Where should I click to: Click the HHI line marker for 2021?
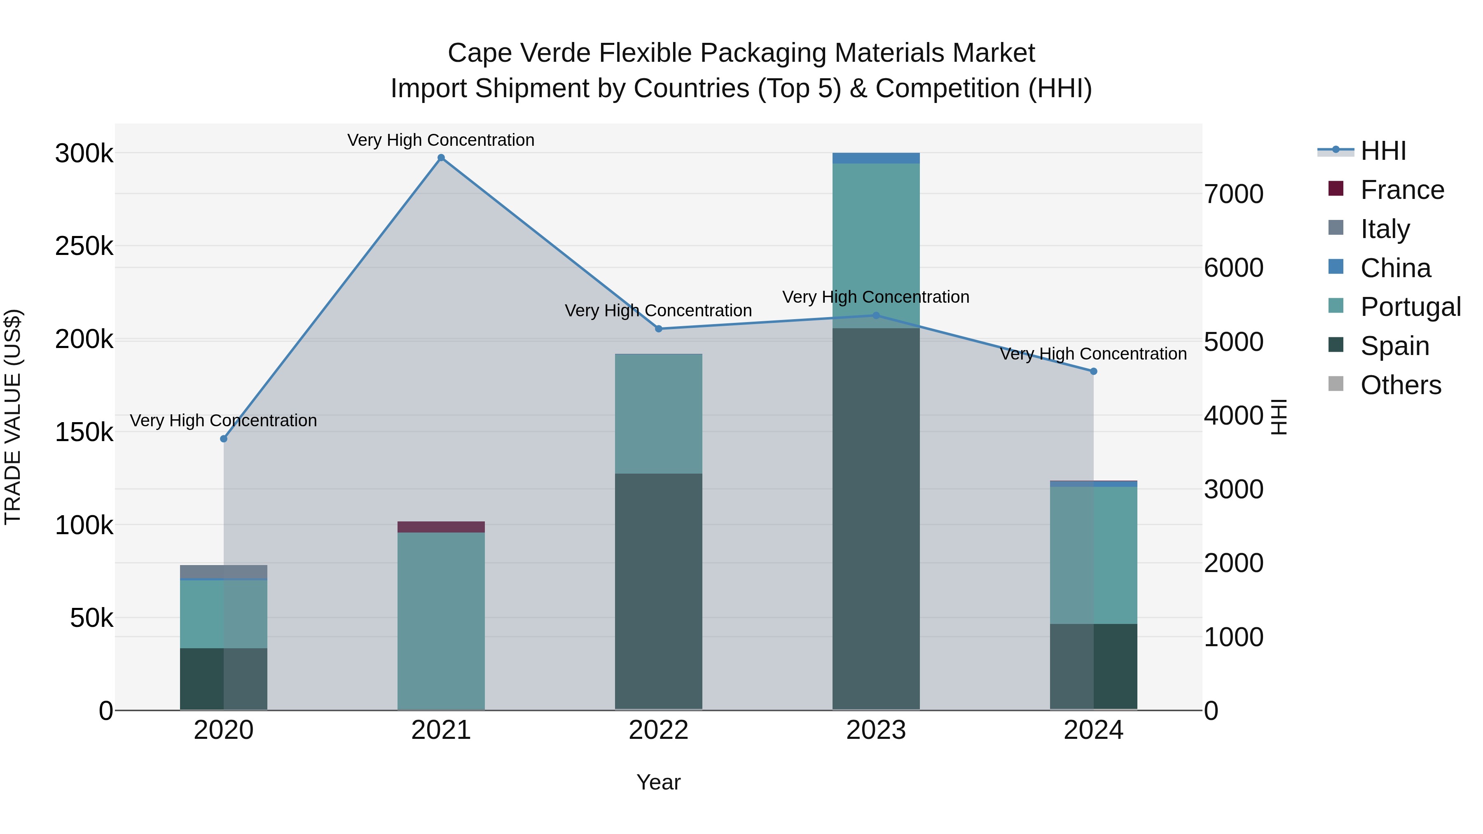(x=441, y=158)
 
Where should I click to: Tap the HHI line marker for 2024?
(x=1093, y=371)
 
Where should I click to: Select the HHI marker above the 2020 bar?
(x=224, y=439)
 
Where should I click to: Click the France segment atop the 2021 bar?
(x=441, y=527)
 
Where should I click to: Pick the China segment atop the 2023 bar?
(x=876, y=158)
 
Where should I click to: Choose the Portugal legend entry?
(x=1410, y=307)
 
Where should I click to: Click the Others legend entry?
(x=1400, y=385)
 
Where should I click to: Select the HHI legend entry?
(x=1383, y=151)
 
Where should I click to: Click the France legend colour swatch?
(x=1336, y=189)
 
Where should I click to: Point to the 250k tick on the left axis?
(x=84, y=246)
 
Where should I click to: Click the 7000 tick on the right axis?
(x=1234, y=194)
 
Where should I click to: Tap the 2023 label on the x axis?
(x=876, y=730)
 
